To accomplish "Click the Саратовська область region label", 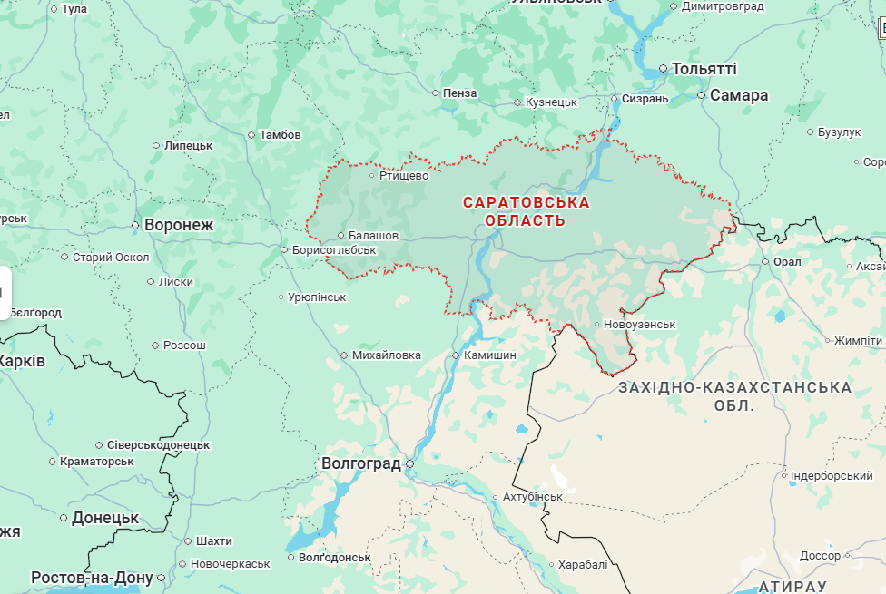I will coord(526,211).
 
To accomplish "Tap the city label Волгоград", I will coord(361,463).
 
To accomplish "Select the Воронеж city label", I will coord(178,225).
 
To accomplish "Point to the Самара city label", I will coord(738,95).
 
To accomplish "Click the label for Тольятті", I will coord(704,69).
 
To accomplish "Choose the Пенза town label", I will coord(460,93).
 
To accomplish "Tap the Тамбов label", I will coord(280,135).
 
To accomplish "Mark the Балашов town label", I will coord(373,236).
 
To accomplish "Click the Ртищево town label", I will coord(403,176).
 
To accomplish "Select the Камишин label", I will coord(489,355).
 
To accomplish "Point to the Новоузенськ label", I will coord(641,325).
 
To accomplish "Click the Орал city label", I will coord(787,262).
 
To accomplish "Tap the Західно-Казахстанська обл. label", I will coord(734,396).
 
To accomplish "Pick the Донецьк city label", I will coord(105,518).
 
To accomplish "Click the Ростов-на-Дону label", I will coord(92,578).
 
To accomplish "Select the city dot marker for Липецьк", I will coord(155,145).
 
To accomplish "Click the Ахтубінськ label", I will coord(533,497).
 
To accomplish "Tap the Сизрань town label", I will coord(645,99).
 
